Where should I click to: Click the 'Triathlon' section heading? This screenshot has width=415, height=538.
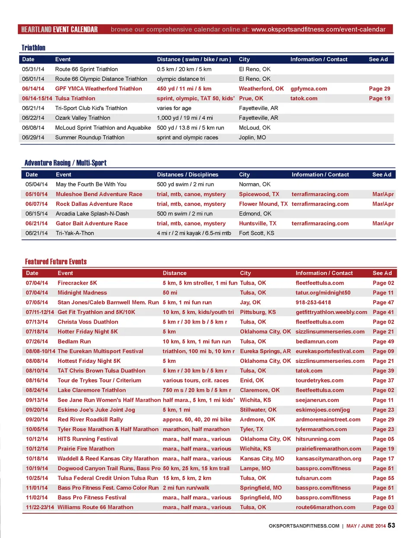tap(33, 48)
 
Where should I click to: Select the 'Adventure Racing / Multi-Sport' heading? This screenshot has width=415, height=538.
tap(65, 163)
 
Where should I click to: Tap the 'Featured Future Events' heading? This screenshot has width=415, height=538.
tap(56, 261)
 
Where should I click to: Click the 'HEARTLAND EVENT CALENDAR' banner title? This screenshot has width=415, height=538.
tap(59, 29)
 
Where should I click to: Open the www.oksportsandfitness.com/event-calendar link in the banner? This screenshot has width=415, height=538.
tap(318, 29)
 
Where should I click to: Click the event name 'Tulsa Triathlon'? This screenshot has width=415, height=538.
tap(75, 99)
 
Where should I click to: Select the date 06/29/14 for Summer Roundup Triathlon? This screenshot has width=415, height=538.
tap(33, 137)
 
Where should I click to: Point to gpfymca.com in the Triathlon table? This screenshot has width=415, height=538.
tap(309, 89)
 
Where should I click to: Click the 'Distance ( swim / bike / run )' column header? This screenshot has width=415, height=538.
tap(194, 59)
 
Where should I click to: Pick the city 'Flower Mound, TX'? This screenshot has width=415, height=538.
tap(263, 204)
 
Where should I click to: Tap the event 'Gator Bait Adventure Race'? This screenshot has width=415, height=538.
tap(92, 223)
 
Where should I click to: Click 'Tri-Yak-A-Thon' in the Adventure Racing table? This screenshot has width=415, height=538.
tap(75, 233)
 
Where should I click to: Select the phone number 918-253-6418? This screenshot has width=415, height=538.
tap(313, 302)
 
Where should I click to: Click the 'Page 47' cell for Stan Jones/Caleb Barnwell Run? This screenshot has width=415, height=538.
tap(383, 302)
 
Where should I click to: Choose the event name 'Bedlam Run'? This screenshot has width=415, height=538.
tap(74, 341)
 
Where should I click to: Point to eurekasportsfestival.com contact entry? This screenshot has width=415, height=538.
tap(330, 351)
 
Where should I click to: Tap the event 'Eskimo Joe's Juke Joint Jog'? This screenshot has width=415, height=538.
tap(96, 410)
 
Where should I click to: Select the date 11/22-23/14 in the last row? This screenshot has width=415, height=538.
tap(40, 507)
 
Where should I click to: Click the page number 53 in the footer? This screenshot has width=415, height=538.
tap(391, 525)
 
